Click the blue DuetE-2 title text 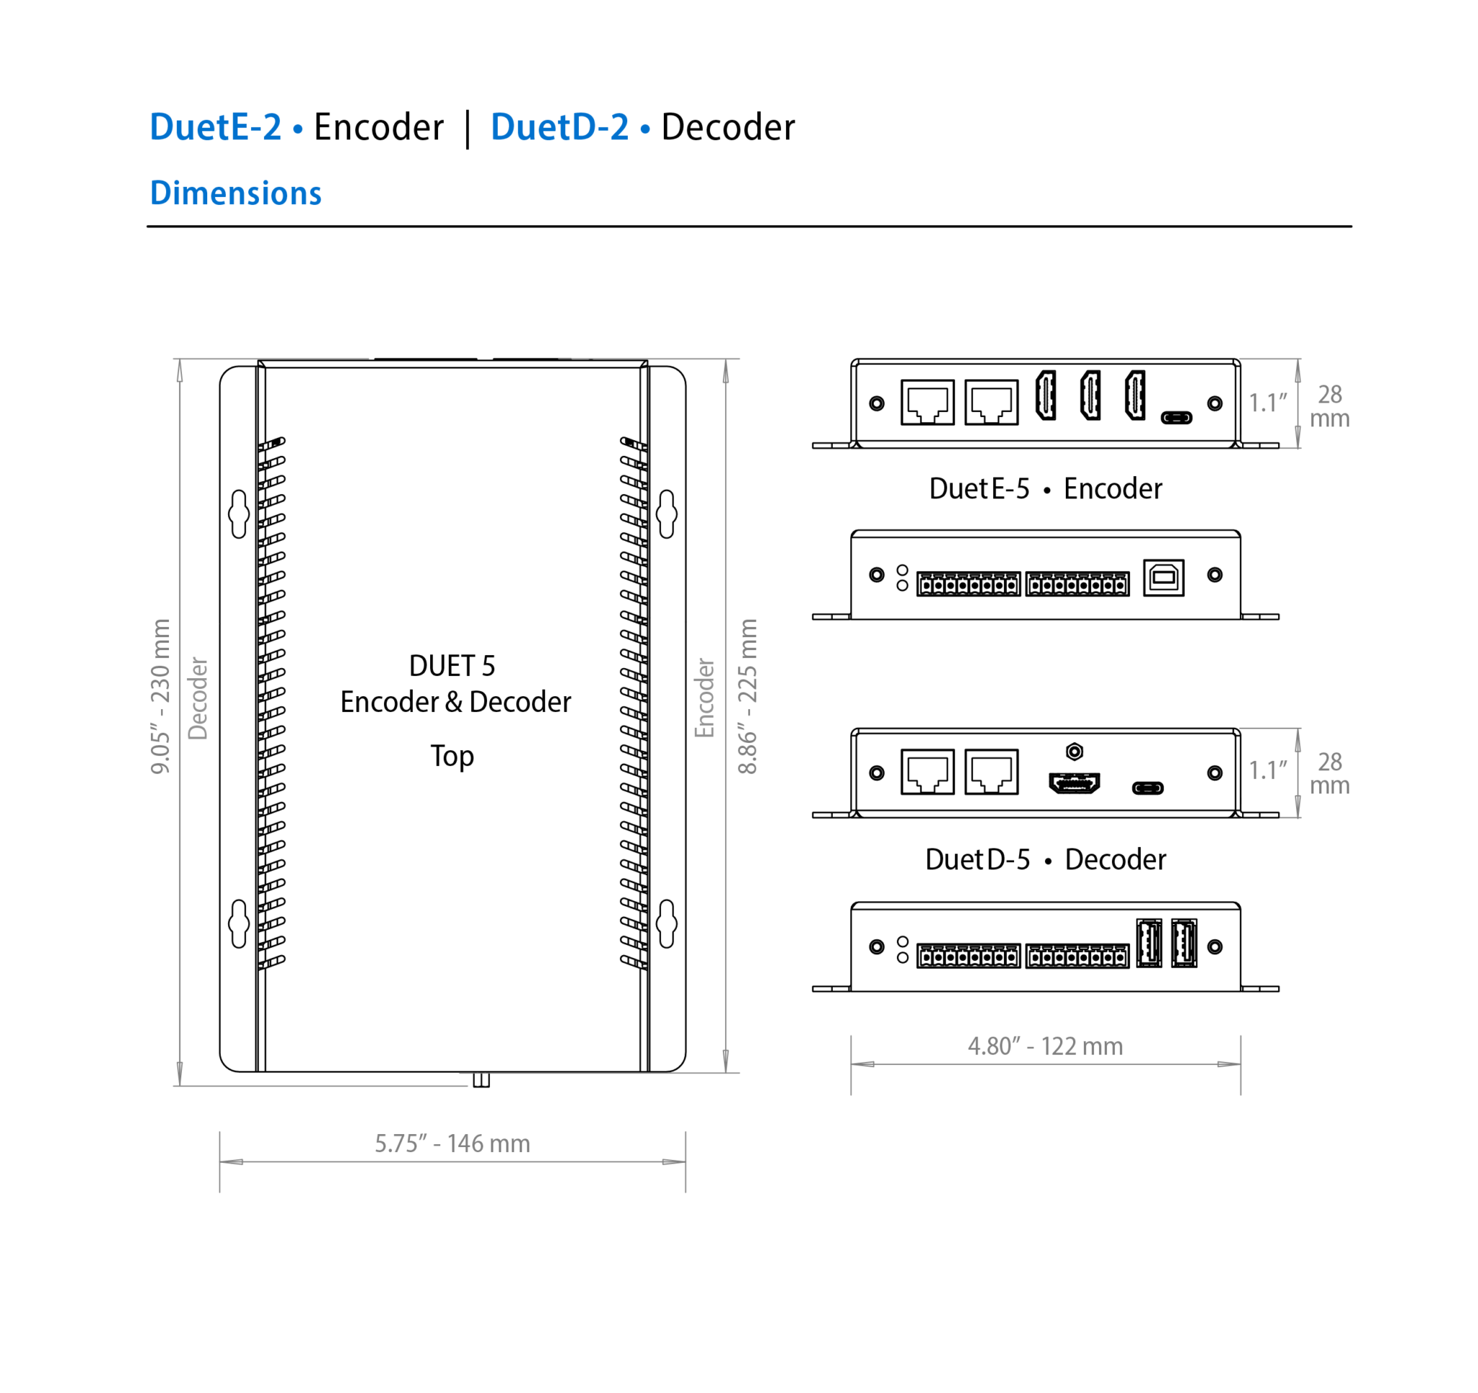(x=216, y=127)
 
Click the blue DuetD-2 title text (x=560, y=127)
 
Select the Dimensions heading (x=236, y=193)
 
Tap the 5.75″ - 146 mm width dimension (x=452, y=1143)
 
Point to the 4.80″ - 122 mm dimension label (x=1044, y=1046)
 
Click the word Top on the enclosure (x=452, y=756)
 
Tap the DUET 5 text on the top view (x=452, y=666)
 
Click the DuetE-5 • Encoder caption (x=1044, y=488)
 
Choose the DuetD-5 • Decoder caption (x=1044, y=859)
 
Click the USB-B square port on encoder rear (x=1163, y=578)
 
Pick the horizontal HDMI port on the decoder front (x=1075, y=783)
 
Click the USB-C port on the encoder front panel (x=1176, y=418)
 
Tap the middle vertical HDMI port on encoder (x=1090, y=395)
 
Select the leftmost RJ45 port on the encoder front (x=927, y=402)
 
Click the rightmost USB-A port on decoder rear (x=1184, y=944)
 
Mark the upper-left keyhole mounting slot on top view (x=239, y=514)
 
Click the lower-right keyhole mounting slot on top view (x=667, y=923)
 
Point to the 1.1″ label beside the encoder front (x=1267, y=403)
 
